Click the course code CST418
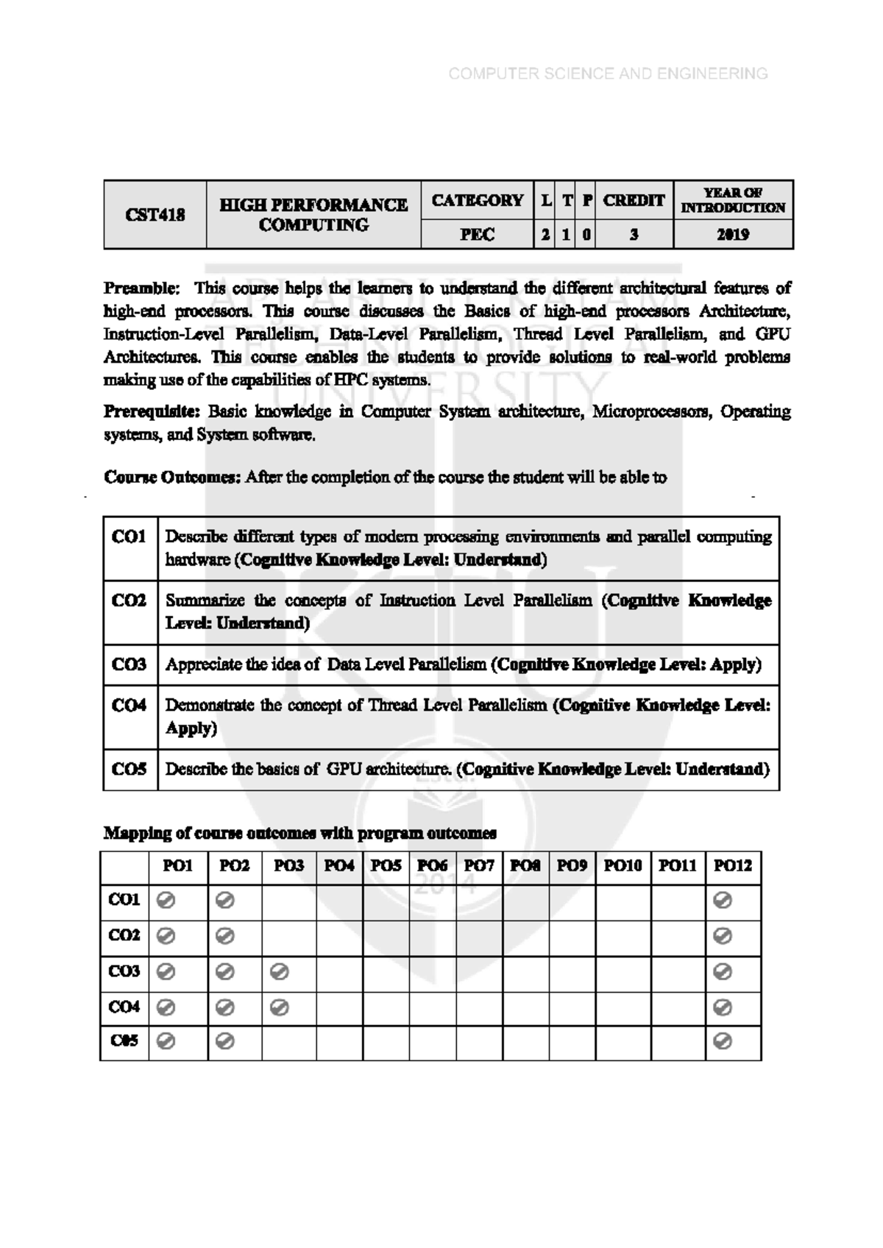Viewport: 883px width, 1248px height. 155,215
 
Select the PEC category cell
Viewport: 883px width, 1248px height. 477,235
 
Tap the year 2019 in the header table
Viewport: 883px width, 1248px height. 733,235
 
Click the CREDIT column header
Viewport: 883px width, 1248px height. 634,200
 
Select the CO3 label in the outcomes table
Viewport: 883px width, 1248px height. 130,664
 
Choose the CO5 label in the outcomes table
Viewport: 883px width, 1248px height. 130,769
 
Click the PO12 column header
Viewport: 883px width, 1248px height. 733,866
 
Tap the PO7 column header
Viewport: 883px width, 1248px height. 479,866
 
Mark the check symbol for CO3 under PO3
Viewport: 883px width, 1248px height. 279,972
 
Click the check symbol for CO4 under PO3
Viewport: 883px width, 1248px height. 279,1007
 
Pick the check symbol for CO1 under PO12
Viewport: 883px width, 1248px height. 723,900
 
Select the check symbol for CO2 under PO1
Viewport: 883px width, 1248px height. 166,935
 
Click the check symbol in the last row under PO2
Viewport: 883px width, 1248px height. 225,1041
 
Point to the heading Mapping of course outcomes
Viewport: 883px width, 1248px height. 299,833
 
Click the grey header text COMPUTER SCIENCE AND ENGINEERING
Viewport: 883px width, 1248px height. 608,74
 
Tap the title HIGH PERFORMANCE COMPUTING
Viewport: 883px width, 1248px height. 313,215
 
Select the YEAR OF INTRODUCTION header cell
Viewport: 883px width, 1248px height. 733,200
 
